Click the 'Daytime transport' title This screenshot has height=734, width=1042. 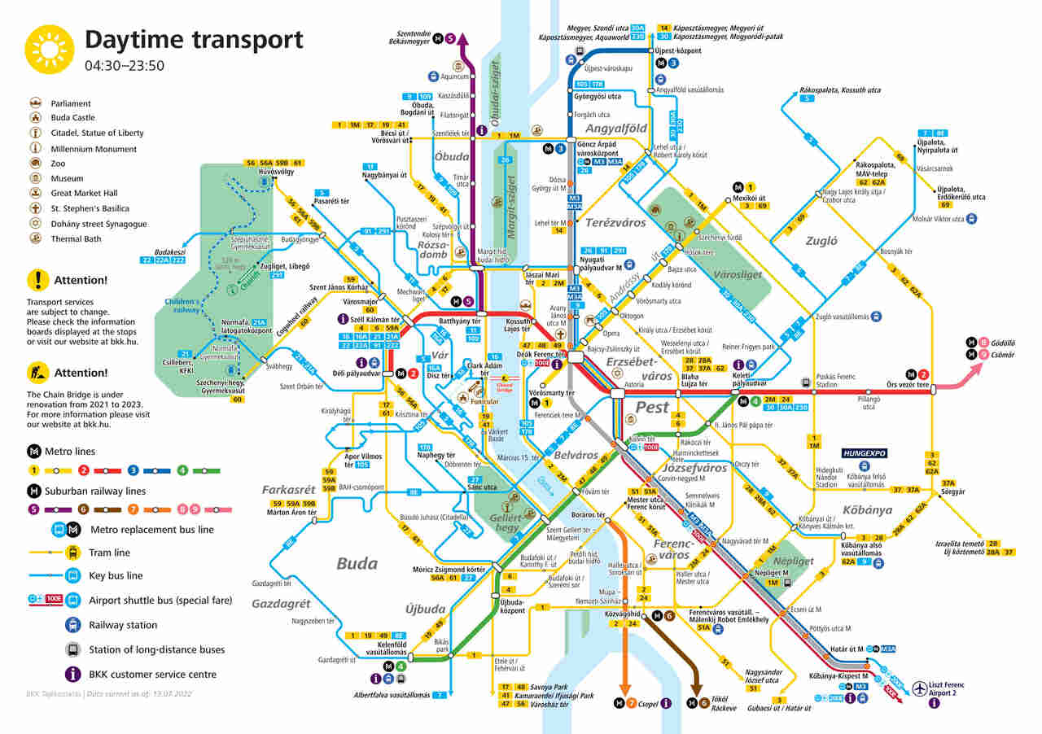point(194,40)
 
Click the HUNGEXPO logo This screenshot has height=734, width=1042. point(864,452)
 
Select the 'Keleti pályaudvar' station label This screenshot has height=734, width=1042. point(750,378)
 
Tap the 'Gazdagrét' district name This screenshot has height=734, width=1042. point(281,604)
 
